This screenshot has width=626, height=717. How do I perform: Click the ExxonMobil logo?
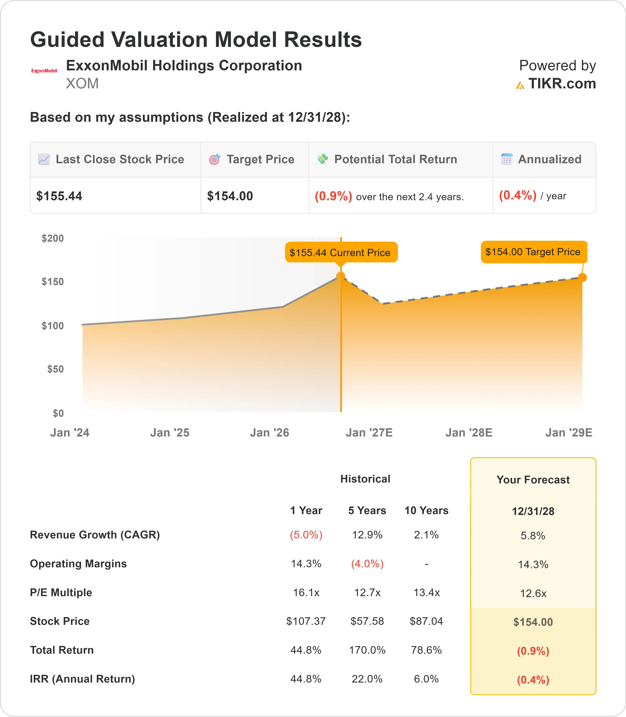click(x=44, y=71)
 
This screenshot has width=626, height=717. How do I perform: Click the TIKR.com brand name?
click(x=562, y=84)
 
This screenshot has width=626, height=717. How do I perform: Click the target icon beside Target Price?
click(x=214, y=159)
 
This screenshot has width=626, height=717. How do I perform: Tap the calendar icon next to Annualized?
click(x=507, y=159)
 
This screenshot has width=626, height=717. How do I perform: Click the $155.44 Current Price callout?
click(x=341, y=252)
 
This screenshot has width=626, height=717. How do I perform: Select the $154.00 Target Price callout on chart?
click(x=534, y=252)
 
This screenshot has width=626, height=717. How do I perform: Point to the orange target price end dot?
click(x=582, y=278)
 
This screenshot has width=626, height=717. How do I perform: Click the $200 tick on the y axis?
click(x=53, y=238)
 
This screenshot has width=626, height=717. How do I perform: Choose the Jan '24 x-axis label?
click(x=70, y=433)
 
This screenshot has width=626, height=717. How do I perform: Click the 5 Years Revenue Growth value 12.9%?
click(x=367, y=535)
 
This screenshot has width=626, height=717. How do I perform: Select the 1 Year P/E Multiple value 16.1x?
click(x=306, y=592)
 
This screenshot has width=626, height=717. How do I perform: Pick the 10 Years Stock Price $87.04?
click(x=426, y=621)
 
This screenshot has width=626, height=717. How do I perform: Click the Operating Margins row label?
click(x=78, y=564)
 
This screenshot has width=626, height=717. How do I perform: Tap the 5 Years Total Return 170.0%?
click(x=367, y=650)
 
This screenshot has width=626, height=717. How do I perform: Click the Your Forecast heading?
click(x=533, y=480)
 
